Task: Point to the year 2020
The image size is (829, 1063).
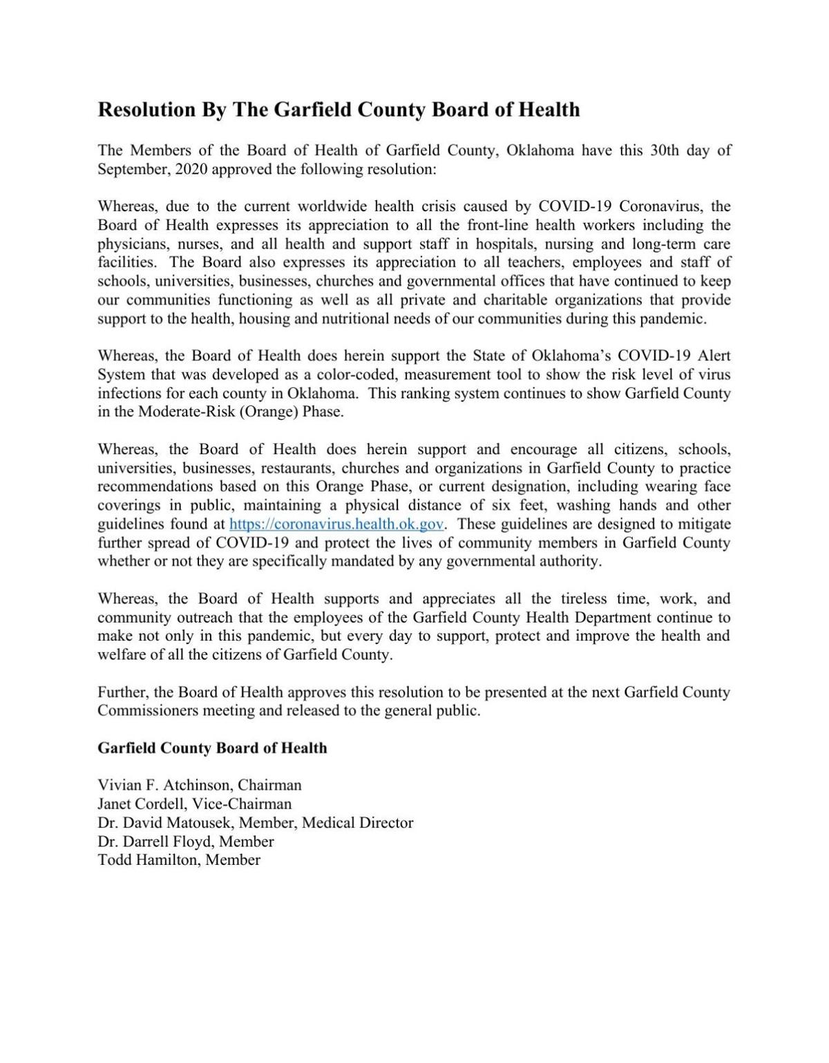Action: [x=191, y=169]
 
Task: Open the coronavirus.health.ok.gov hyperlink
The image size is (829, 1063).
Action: [x=336, y=524]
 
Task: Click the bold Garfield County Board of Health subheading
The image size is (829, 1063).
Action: [x=212, y=748]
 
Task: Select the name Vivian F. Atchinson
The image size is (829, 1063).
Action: [x=163, y=786]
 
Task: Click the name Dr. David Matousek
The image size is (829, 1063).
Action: [x=162, y=823]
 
